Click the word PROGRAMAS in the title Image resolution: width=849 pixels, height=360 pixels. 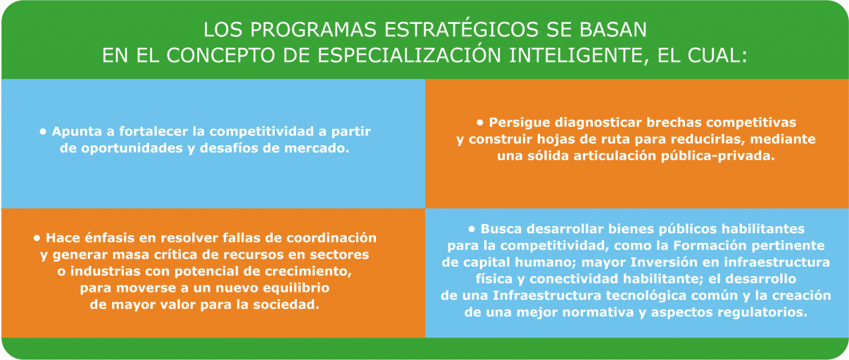313,30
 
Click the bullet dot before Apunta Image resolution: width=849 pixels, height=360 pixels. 43,132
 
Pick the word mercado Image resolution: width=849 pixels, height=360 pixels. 317,148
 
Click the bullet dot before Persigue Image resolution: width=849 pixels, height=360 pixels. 480,123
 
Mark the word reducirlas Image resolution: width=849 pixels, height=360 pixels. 705,139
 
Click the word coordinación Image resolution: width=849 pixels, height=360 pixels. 331,238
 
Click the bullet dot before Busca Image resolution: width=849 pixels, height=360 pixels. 472,229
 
